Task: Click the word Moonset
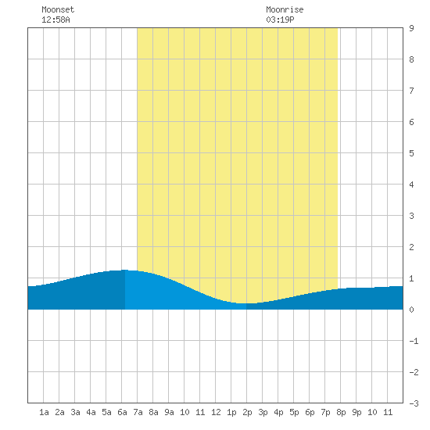[58, 9]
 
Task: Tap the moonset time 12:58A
[56, 20]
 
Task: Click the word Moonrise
[285, 9]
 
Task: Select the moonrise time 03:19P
[280, 20]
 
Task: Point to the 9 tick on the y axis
[411, 28]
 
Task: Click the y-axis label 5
[411, 153]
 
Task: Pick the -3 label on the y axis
[414, 403]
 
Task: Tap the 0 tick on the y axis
[411, 310]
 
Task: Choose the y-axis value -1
[414, 341]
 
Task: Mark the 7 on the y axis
[411, 91]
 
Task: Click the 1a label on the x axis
[44, 412]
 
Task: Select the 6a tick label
[122, 412]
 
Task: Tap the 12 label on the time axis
[216, 412]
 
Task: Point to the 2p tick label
[247, 412]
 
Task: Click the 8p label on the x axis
[341, 412]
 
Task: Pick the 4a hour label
[91, 412]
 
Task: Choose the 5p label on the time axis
[294, 412]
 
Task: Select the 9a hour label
[169, 412]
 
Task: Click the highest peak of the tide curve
[125, 270]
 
